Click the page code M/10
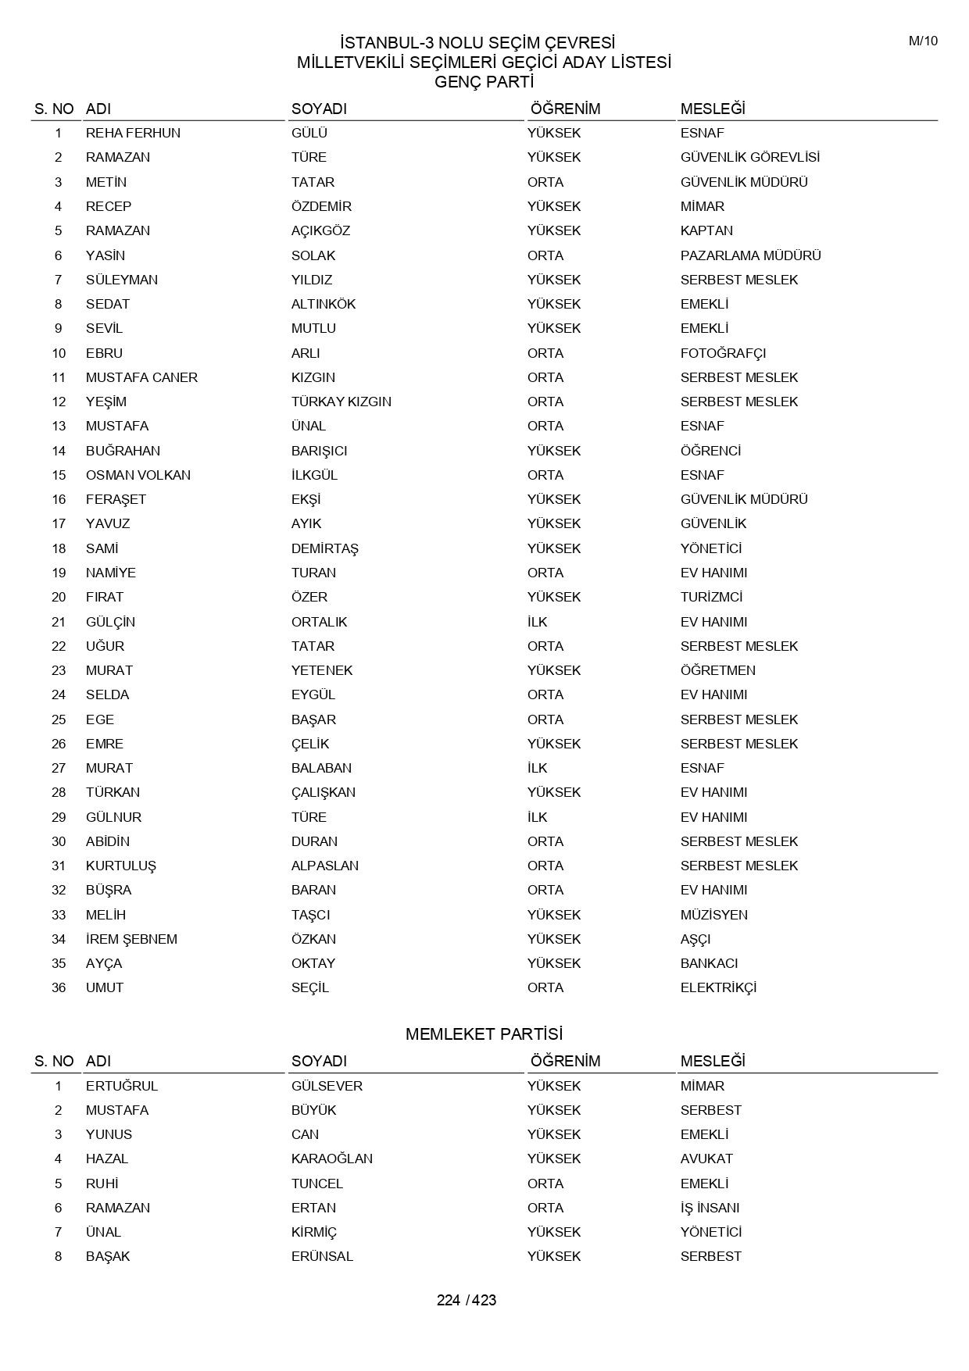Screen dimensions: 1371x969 pyautogui.click(x=922, y=41)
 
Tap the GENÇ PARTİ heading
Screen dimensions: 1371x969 pyautogui.click(x=484, y=82)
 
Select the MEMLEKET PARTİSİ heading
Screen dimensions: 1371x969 pyautogui.click(x=484, y=1034)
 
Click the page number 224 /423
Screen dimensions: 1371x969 pyautogui.click(x=467, y=1300)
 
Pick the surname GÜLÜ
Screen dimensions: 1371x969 pyautogui.click(x=309, y=133)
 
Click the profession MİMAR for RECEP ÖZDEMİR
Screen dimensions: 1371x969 pyautogui.click(x=702, y=206)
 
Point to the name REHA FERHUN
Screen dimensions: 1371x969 pyautogui.click(x=133, y=133)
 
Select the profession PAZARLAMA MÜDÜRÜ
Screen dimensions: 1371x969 pyautogui.click(x=750, y=255)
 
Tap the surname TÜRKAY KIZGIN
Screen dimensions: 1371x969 pyautogui.click(x=341, y=402)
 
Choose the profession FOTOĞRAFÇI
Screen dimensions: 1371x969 pyautogui.click(x=723, y=353)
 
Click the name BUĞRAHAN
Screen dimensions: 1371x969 pyautogui.click(x=123, y=451)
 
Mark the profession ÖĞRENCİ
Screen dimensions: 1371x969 pyautogui.click(x=710, y=451)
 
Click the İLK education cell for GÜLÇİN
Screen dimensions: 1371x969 pyautogui.click(x=537, y=622)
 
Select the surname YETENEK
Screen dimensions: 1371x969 pyautogui.click(x=322, y=670)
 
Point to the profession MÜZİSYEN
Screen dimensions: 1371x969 pyautogui.click(x=713, y=915)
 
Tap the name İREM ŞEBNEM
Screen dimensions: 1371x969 pyautogui.click(x=131, y=939)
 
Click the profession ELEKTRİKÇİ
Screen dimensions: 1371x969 pyautogui.click(x=718, y=987)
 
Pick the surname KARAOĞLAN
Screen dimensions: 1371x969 pyautogui.click(x=331, y=1159)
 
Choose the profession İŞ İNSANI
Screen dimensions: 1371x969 pyautogui.click(x=710, y=1208)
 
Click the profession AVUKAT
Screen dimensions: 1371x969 pyautogui.click(x=706, y=1159)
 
